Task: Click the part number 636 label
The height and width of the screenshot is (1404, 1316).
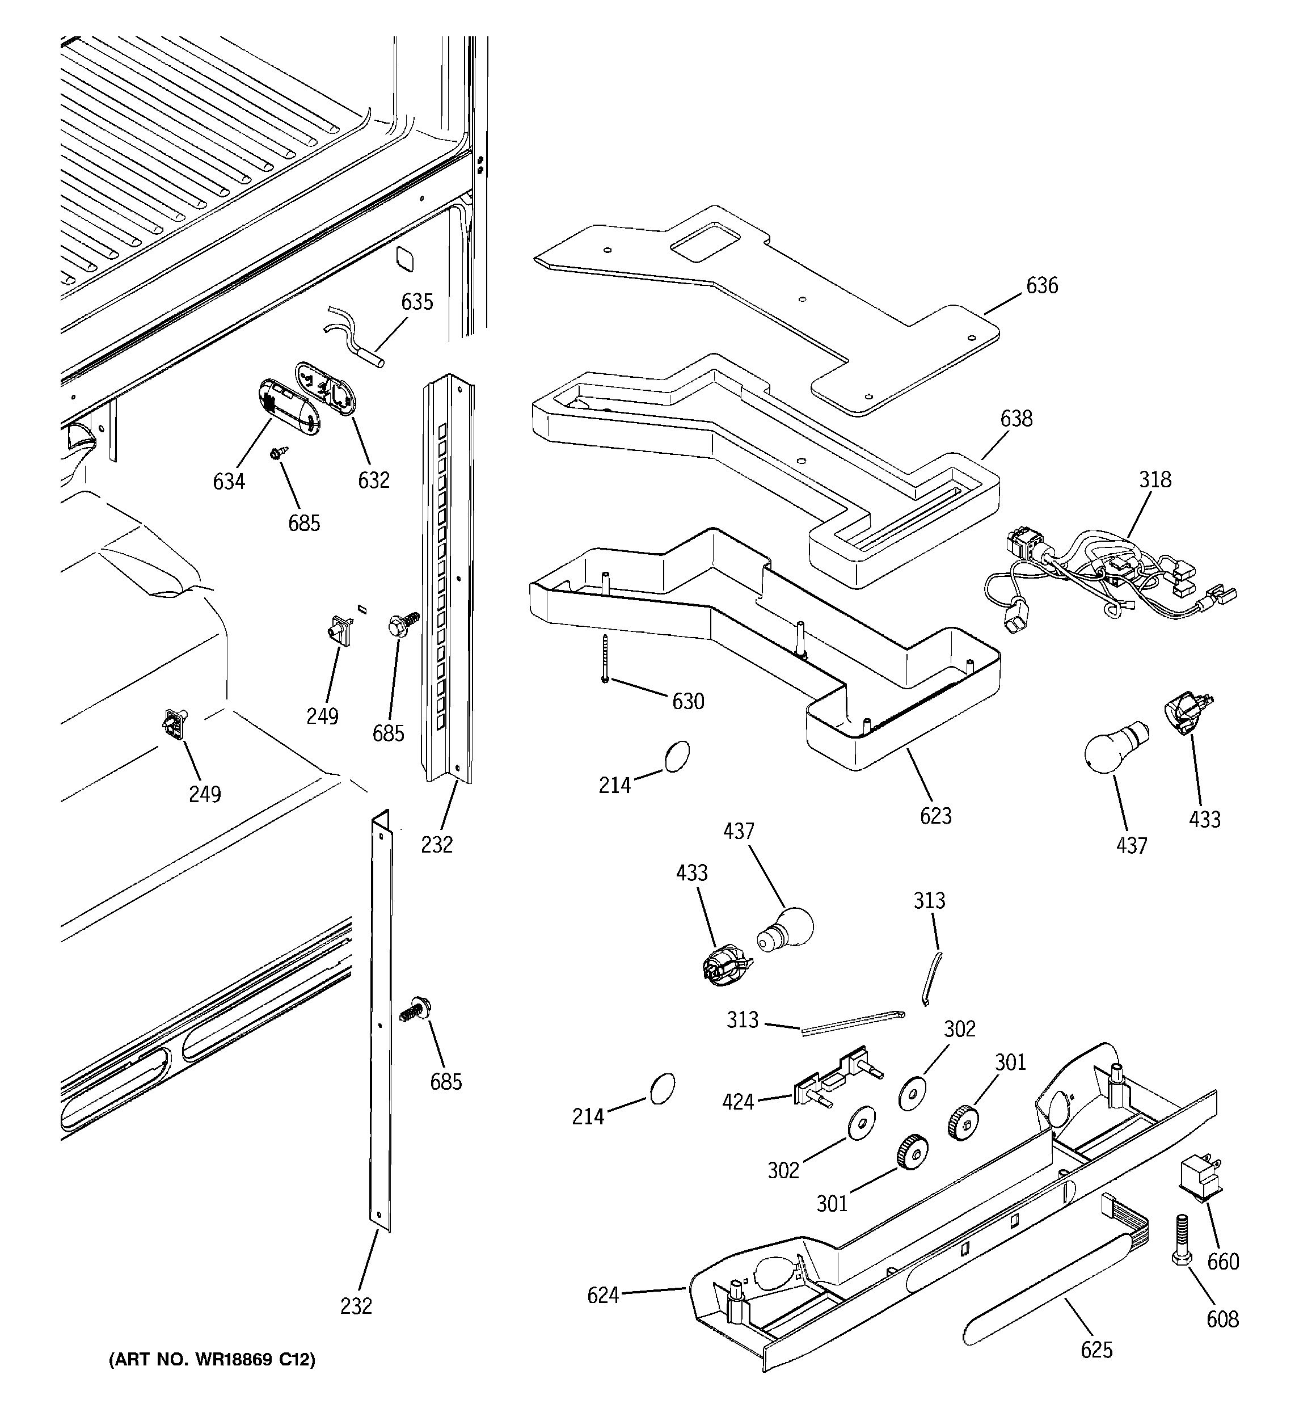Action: pos(1042,286)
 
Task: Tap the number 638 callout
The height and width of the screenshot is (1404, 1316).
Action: pos(1016,419)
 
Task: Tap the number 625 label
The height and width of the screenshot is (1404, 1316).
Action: pos(1096,1350)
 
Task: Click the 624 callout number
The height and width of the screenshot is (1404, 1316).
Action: pos(602,1295)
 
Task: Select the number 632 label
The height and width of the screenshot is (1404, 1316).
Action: pos(374,480)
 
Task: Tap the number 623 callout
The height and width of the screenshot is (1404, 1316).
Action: pos(935,816)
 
